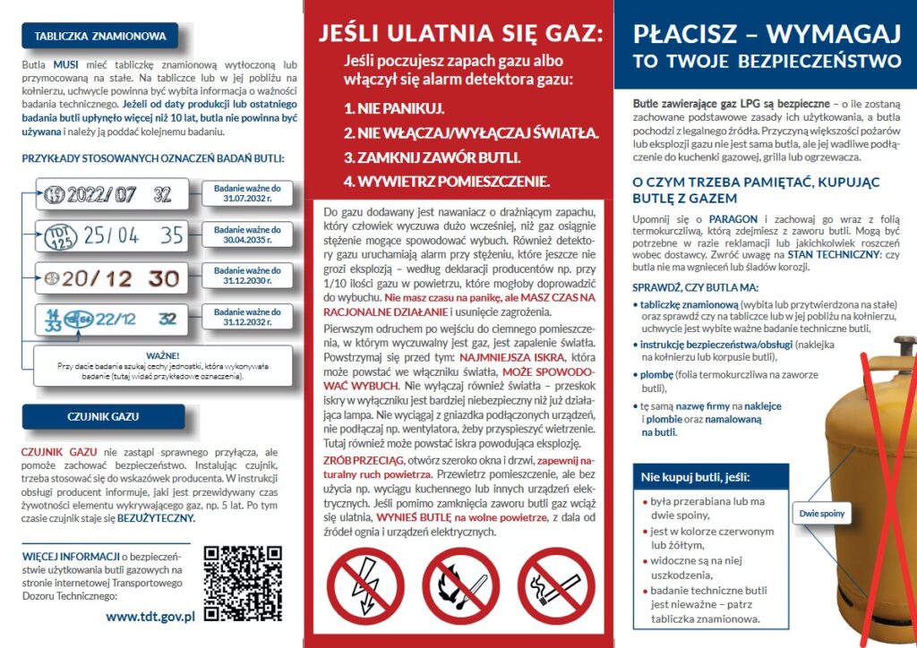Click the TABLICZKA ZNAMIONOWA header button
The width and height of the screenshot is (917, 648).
click(x=99, y=37)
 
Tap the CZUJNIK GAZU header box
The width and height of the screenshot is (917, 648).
click(x=102, y=416)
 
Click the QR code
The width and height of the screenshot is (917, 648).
click(x=243, y=583)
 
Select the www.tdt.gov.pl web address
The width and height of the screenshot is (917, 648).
click(x=150, y=617)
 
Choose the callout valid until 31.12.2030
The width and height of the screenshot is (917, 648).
click(x=247, y=276)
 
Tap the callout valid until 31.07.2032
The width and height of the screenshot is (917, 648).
click(x=247, y=194)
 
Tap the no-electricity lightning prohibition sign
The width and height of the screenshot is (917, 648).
click(x=365, y=587)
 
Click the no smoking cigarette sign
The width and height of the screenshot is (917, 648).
click(x=555, y=587)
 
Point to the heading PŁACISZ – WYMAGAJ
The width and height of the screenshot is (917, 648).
click(x=766, y=35)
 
